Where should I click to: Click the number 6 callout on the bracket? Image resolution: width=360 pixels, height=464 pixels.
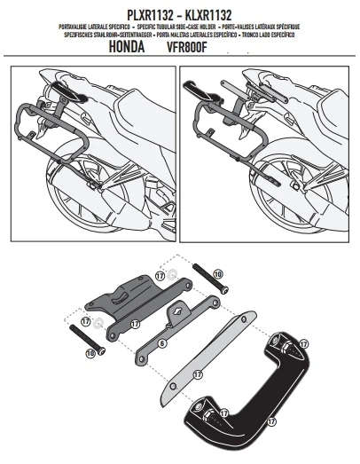[164, 339]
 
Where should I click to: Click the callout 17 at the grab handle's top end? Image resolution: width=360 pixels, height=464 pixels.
[302, 342]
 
